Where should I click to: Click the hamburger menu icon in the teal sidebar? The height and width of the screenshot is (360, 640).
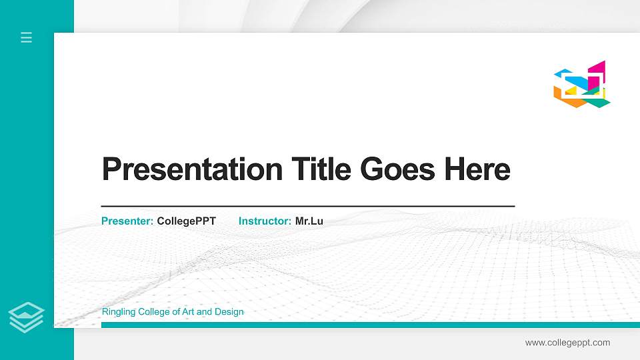(x=26, y=37)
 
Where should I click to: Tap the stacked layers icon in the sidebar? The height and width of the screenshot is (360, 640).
(x=26, y=317)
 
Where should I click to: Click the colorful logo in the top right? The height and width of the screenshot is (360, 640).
(x=581, y=85)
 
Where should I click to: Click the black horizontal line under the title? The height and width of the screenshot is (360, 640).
(x=307, y=207)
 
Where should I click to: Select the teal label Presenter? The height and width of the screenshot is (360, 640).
(x=127, y=221)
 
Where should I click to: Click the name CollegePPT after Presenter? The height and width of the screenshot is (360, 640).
(x=187, y=221)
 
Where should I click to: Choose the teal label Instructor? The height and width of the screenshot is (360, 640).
(x=265, y=221)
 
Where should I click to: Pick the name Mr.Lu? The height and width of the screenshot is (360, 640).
(x=309, y=221)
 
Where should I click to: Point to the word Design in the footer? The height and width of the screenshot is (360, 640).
(x=229, y=312)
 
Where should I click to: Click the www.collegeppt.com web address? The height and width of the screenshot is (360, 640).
(x=567, y=343)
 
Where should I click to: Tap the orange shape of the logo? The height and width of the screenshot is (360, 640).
(x=561, y=94)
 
